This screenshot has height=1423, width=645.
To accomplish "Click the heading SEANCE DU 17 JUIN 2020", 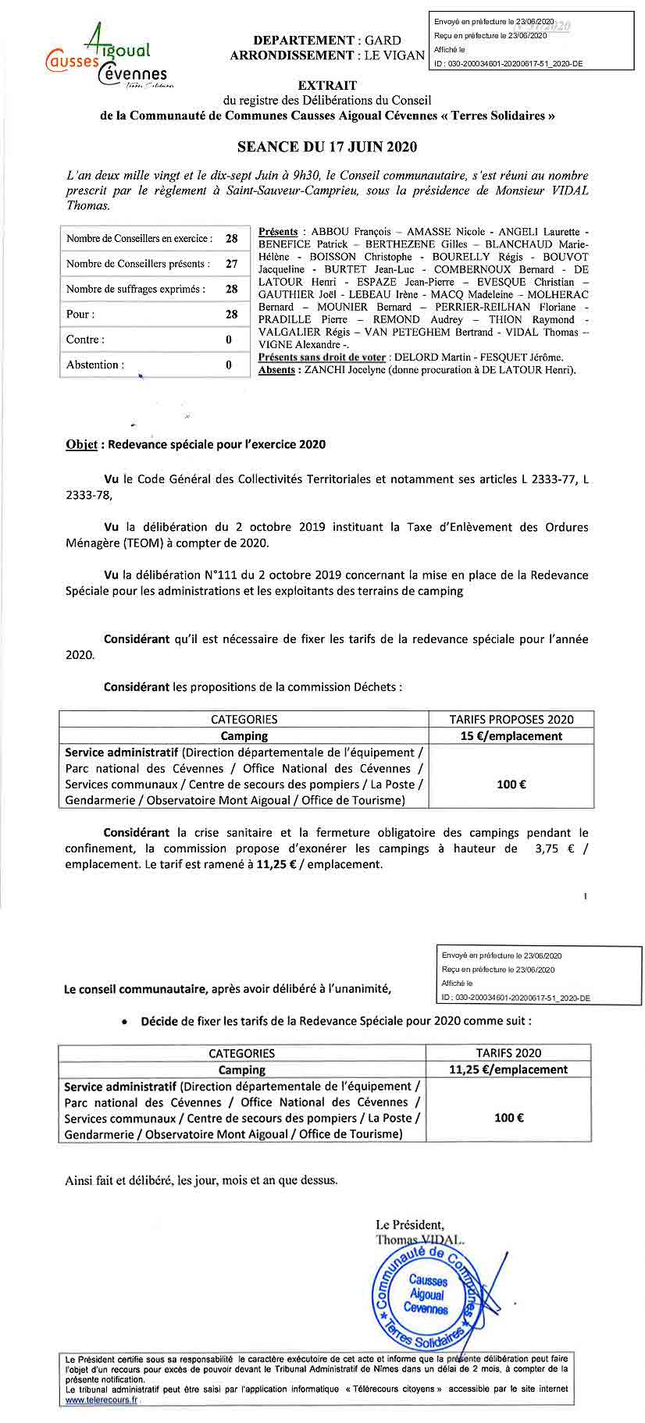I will point(327,147).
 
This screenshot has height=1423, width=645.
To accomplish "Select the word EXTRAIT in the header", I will point(327,85).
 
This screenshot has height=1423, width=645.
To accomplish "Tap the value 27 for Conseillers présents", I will point(231,264).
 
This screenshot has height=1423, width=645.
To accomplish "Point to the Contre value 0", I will point(229,340).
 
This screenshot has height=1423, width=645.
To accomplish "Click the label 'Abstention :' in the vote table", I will point(95,365).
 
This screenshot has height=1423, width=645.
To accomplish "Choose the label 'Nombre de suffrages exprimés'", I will point(136,289).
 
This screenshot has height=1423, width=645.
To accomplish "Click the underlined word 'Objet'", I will point(81,444).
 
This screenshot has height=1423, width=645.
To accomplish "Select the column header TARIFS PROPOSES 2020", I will point(511,720).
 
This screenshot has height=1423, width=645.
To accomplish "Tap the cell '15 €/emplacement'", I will point(511,736).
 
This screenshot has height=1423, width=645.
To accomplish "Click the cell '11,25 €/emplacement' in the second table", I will point(508,1069).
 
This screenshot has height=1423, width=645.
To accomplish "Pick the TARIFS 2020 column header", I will point(508,1053).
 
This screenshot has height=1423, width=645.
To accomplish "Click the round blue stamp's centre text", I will point(427,1294).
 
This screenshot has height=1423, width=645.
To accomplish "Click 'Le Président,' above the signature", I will point(410,1224).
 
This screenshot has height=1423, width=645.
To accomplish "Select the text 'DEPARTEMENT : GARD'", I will point(326,40).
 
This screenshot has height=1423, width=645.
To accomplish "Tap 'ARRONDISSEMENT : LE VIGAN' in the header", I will point(327,55).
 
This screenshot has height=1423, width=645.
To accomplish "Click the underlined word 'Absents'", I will point(276,370).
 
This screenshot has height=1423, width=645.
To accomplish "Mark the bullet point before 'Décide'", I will point(125,1021).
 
